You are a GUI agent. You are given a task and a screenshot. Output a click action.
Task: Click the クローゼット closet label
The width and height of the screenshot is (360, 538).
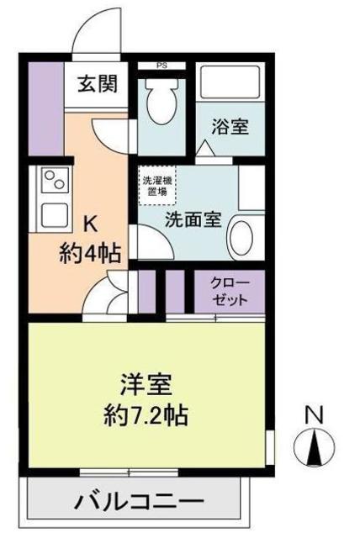click(229, 291)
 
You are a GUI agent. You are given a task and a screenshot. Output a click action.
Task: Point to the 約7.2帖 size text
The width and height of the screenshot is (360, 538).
click(146, 415)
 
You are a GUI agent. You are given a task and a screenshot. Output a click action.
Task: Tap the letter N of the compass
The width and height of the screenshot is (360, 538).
click(314, 414)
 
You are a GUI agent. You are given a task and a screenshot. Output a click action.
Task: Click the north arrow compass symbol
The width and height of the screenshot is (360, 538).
click(314, 447)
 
